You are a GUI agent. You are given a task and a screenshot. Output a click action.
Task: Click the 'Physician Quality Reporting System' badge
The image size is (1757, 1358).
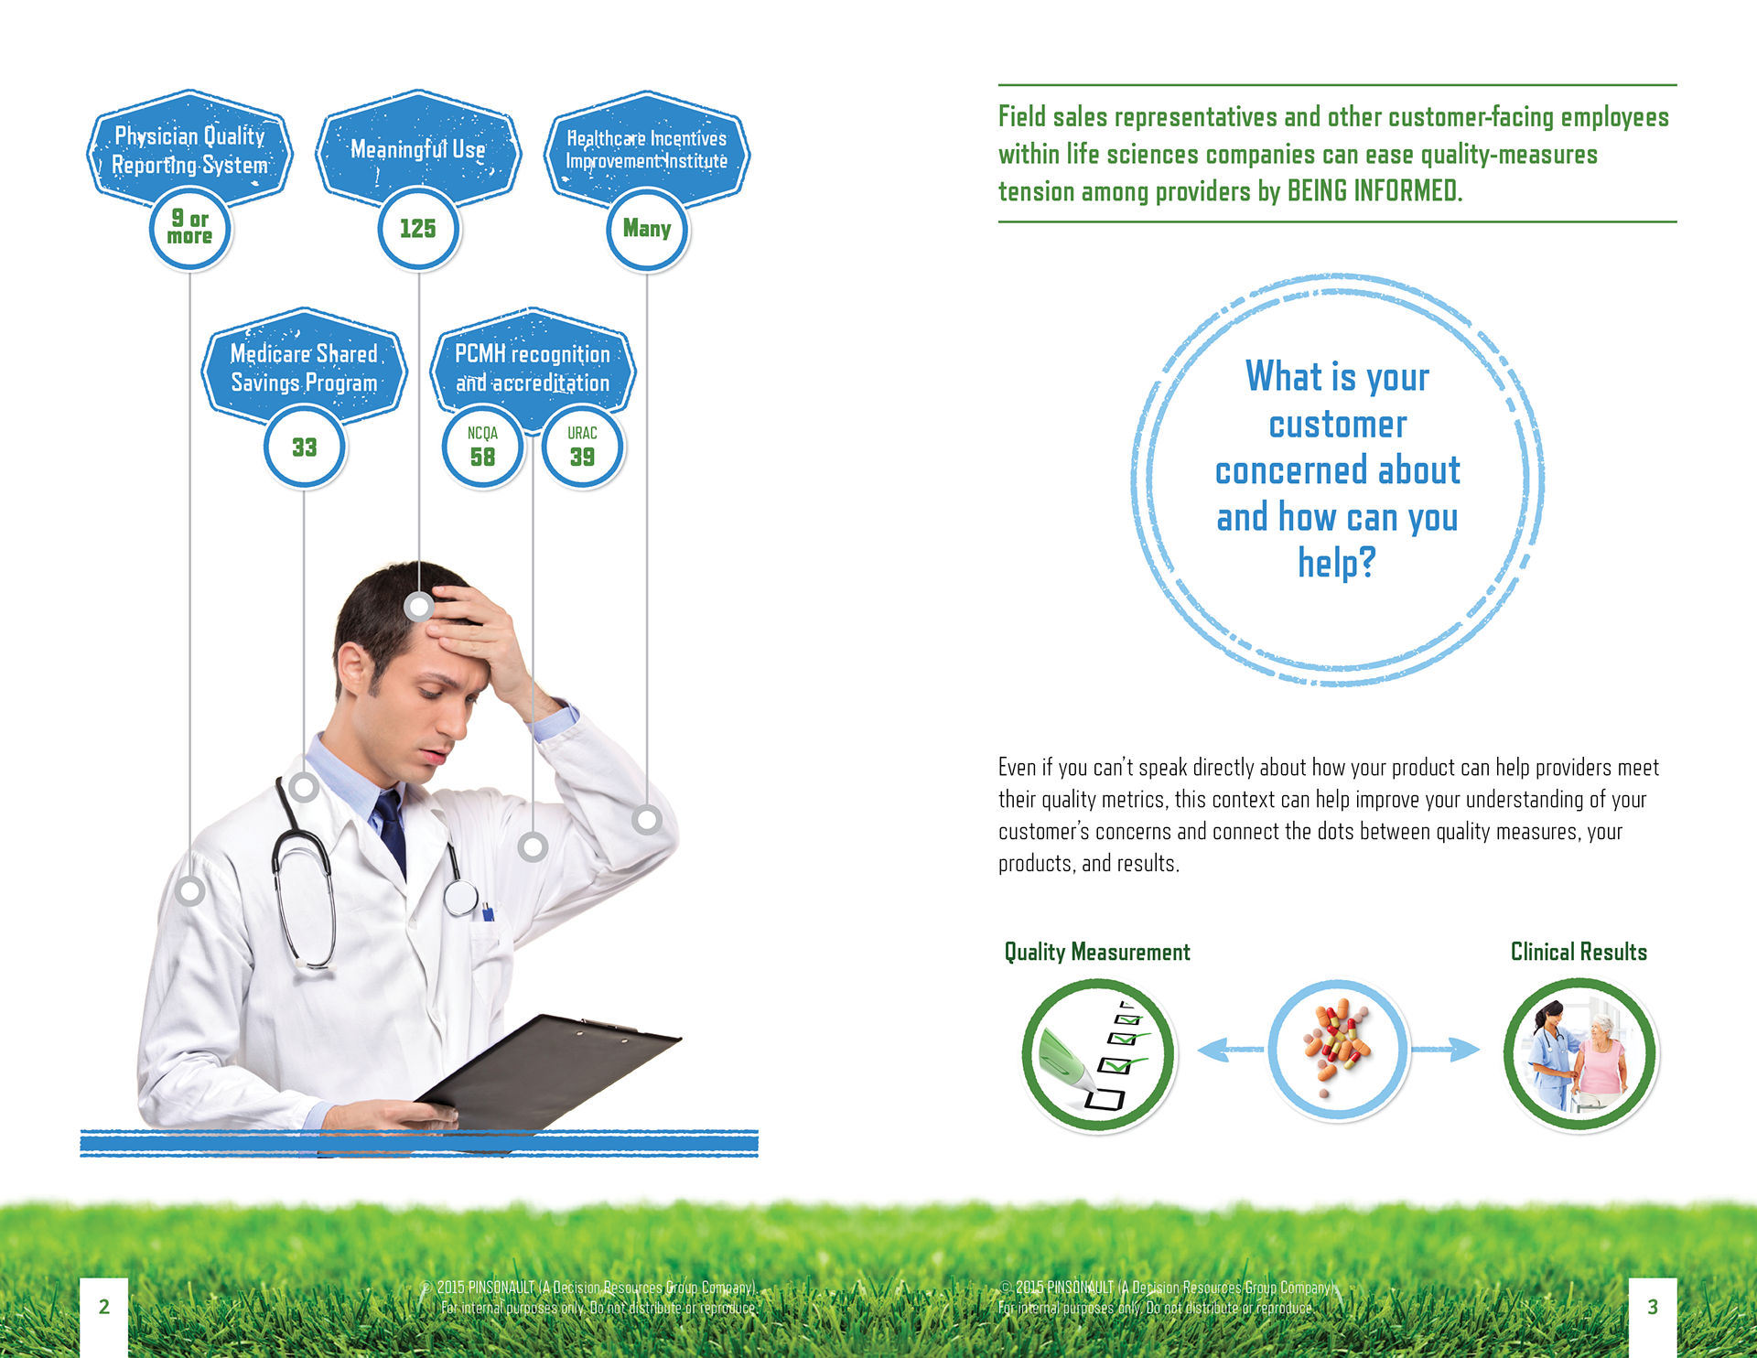coord(189,146)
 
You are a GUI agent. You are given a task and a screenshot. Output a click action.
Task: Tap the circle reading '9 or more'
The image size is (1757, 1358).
coord(189,229)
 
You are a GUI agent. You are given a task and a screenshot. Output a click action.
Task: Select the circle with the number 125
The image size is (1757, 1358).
coord(418,229)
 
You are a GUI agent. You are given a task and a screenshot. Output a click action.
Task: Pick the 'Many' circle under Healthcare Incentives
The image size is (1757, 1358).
coord(647,229)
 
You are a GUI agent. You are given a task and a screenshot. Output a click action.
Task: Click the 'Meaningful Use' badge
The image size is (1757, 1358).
coord(418,146)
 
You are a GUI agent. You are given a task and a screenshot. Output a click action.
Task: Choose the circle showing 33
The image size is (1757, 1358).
coord(304,447)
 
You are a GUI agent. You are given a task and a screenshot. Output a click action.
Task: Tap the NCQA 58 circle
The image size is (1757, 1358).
coord(482,447)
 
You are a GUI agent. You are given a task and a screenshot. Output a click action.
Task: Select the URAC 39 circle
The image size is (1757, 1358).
coord(582,447)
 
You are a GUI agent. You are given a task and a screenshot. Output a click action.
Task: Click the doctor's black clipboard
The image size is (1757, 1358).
coord(549,1071)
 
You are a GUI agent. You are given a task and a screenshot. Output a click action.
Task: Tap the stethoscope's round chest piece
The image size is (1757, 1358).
coord(461,897)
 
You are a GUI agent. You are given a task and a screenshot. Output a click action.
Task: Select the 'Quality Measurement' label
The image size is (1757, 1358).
coord(1097,953)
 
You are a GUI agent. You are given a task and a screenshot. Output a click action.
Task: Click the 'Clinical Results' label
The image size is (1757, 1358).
coord(1579,953)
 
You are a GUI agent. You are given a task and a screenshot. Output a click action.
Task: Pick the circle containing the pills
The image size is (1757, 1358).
coord(1338,1050)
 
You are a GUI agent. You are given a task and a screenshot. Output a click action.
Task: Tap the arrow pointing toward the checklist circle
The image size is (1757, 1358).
coord(1231,1050)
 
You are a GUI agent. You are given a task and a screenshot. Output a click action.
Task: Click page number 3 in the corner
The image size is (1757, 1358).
coord(1653,1307)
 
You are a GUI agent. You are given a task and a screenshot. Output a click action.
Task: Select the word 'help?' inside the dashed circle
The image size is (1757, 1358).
coord(1337,563)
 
